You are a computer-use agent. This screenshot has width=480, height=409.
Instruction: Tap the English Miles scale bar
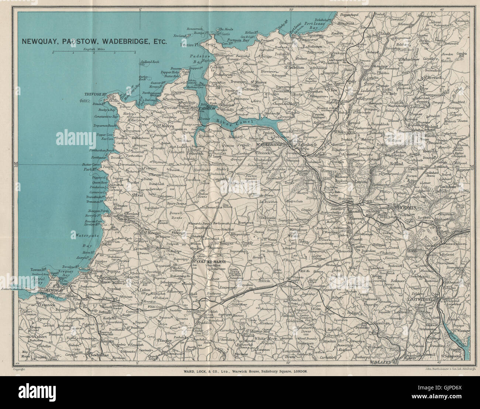pos(94,52)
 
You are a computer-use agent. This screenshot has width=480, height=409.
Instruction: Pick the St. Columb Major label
pos(208,262)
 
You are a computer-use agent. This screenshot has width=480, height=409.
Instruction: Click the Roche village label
pos(297,300)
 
